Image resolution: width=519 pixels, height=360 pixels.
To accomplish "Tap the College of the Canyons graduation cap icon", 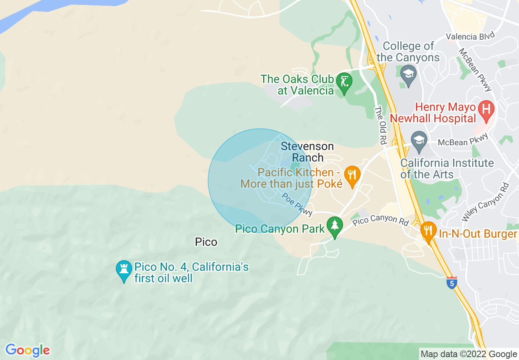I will [x=408, y=74].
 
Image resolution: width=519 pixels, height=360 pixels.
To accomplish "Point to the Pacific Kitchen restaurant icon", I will [x=351, y=174].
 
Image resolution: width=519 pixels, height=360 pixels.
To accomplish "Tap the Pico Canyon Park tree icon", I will [x=335, y=225].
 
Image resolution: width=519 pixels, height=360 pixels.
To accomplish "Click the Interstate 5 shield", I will [x=451, y=283].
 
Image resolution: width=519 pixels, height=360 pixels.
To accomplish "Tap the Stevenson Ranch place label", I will [x=307, y=152].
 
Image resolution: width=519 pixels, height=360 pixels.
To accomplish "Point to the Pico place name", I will [x=206, y=242].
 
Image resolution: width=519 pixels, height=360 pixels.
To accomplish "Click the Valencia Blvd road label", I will [x=467, y=37].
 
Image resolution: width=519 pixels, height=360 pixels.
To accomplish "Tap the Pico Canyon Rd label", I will [x=381, y=220].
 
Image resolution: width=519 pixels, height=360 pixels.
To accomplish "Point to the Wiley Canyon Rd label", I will [x=485, y=202].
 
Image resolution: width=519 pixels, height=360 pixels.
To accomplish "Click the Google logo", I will [x=27, y=350].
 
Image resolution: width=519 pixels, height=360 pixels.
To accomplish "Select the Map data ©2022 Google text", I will [x=469, y=354].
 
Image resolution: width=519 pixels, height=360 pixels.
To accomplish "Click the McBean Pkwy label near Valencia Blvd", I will [x=475, y=70].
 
